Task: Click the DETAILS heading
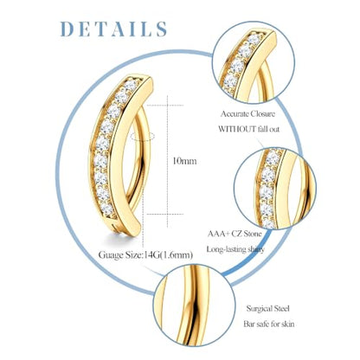point(113,29)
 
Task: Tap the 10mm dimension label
point(184,161)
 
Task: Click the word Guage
point(109,255)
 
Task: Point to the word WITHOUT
point(237,129)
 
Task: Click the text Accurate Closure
point(247,113)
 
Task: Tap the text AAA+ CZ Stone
point(235,233)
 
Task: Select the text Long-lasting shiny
point(235,249)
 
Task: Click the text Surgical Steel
point(267,309)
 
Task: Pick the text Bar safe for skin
point(269,324)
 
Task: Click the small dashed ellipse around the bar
point(142,136)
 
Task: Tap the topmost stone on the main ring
point(131,86)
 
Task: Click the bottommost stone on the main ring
point(106,209)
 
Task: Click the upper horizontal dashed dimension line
point(164,106)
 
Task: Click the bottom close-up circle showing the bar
point(194,305)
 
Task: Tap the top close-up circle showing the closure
point(254,62)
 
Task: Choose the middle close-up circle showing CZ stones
point(275,189)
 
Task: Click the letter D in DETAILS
point(67,29)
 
